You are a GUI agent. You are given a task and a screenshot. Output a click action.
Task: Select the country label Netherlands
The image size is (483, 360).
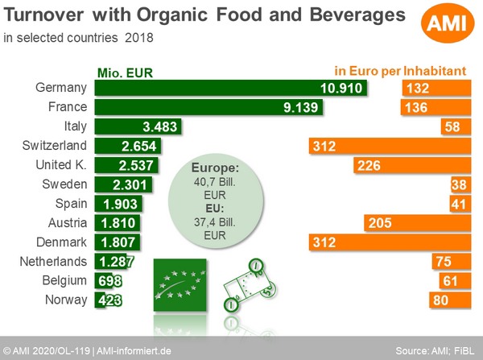pos(55,262)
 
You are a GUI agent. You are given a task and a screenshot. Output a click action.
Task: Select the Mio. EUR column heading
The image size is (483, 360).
pos(125,71)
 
